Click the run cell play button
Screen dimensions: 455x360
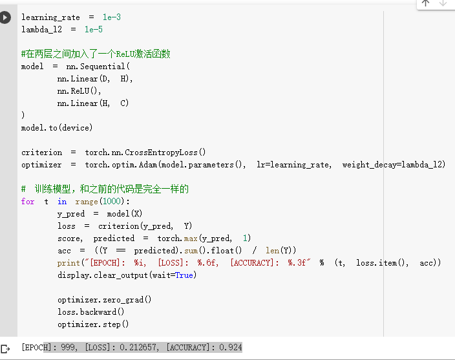(6, 17)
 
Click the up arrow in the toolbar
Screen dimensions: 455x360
(425, 4)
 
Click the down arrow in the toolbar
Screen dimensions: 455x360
(443, 4)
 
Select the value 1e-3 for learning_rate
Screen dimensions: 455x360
(112, 17)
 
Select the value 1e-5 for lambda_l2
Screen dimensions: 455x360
(94, 30)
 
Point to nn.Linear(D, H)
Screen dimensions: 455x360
(94, 79)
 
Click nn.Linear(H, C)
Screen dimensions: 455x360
(93, 103)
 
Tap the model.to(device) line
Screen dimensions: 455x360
(57, 128)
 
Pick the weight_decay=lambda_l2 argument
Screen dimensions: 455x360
(394, 165)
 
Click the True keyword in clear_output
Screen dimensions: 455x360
(184, 275)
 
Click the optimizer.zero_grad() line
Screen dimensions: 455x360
(105, 300)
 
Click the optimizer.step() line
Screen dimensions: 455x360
(93, 324)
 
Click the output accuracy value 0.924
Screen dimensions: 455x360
(231, 348)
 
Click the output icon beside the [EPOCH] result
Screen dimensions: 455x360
(6, 349)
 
